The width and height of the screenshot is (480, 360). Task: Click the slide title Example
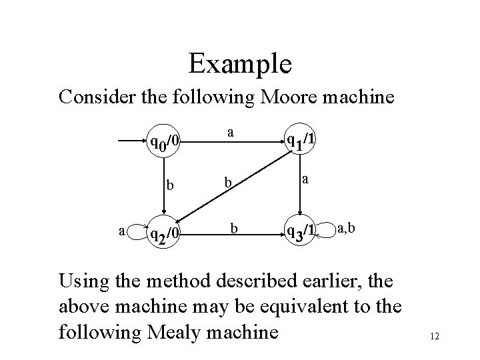(x=239, y=64)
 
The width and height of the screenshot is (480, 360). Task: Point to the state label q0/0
(x=163, y=141)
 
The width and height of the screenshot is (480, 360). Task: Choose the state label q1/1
(x=301, y=139)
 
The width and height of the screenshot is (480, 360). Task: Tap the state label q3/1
(x=300, y=231)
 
